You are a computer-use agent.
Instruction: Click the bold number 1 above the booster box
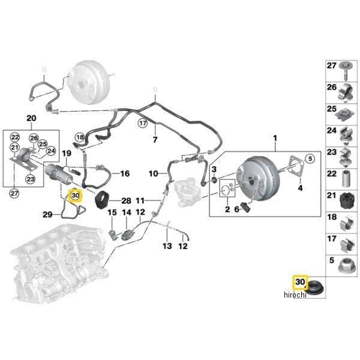click(275, 139)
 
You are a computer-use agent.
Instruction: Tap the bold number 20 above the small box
click(32, 118)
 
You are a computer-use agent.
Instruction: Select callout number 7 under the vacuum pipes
click(155, 140)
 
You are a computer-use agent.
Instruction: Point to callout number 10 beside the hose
click(154, 173)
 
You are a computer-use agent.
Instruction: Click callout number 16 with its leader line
click(124, 173)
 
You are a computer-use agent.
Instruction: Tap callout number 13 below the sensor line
click(167, 246)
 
